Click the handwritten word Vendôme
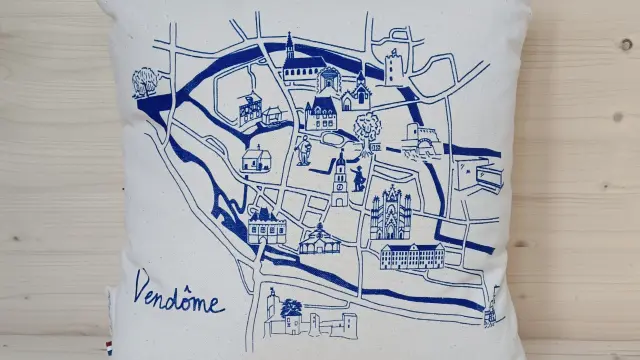coord(179,295)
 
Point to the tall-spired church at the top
coord(299,65)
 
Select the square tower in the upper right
coord(393,66)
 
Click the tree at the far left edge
coord(146,81)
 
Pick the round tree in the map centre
coord(367,128)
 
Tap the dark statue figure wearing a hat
coord(358,176)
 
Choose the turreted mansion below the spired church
coord(322,113)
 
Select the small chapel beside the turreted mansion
coord(357,95)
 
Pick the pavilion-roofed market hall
coord(318,240)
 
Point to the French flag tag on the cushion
coord(109,347)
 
